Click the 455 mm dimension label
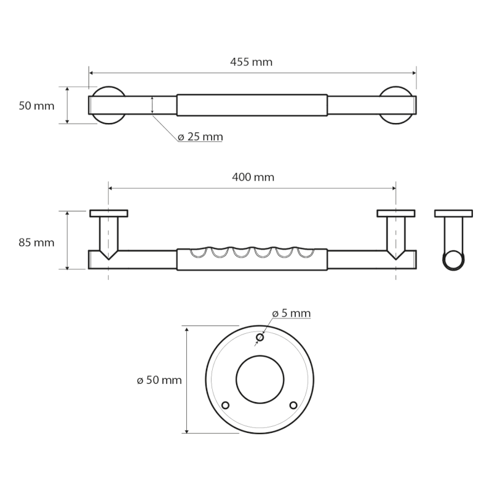point(251,62)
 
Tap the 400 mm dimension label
point(253,177)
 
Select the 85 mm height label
point(36,242)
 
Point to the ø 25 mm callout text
point(200,137)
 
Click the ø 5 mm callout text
point(291,313)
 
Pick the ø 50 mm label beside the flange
point(159,380)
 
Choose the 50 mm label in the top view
point(36,106)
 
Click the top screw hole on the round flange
point(260,337)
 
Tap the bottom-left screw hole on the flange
point(225,405)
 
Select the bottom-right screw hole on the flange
point(293,405)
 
